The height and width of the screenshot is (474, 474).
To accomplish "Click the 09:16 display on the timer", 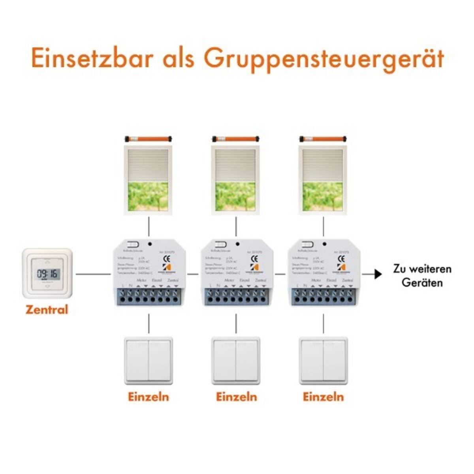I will point(47,273).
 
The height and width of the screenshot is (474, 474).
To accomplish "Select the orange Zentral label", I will point(47,309).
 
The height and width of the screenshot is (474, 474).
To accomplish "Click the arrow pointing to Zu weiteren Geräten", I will point(377,274).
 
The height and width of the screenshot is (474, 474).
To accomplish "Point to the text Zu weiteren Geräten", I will point(422,276).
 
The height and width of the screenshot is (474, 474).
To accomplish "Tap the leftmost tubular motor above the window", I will point(149,139).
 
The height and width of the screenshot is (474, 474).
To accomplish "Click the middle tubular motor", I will point(236,139).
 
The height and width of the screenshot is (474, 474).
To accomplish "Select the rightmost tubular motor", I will point(324,139).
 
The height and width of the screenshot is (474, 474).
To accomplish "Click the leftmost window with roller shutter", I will point(149,180).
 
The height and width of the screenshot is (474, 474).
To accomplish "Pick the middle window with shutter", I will point(236,180).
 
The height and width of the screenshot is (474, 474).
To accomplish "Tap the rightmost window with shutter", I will point(324,180).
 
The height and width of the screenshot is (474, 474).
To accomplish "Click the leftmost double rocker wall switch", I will point(149,360).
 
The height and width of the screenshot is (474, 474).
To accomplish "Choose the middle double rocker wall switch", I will point(236,360).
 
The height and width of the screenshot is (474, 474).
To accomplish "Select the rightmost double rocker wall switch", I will point(324,360).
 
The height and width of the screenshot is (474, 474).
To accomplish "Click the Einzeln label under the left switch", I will point(149,397).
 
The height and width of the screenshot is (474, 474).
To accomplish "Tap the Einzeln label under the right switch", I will point(324,397).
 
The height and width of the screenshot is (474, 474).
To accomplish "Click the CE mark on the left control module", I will point(167,259).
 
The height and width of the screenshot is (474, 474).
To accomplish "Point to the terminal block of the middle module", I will point(236,296).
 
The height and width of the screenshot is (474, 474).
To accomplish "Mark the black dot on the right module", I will point(324,244).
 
